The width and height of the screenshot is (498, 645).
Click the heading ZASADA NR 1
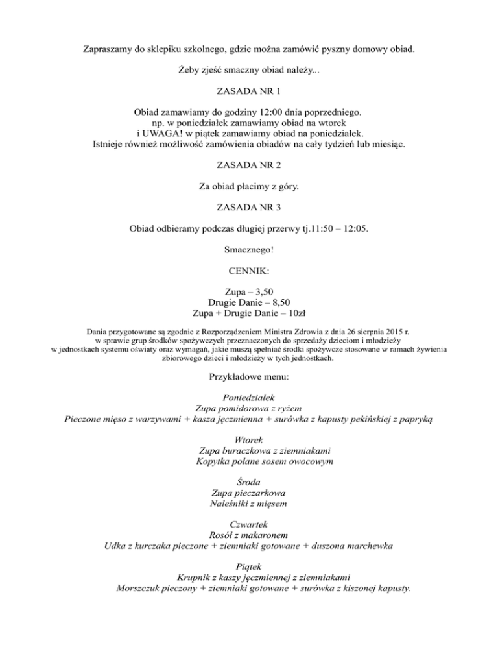pos(249,92)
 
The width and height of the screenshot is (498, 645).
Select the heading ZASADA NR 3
pos(249,209)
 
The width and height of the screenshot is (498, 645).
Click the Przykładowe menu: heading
pos(249,376)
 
